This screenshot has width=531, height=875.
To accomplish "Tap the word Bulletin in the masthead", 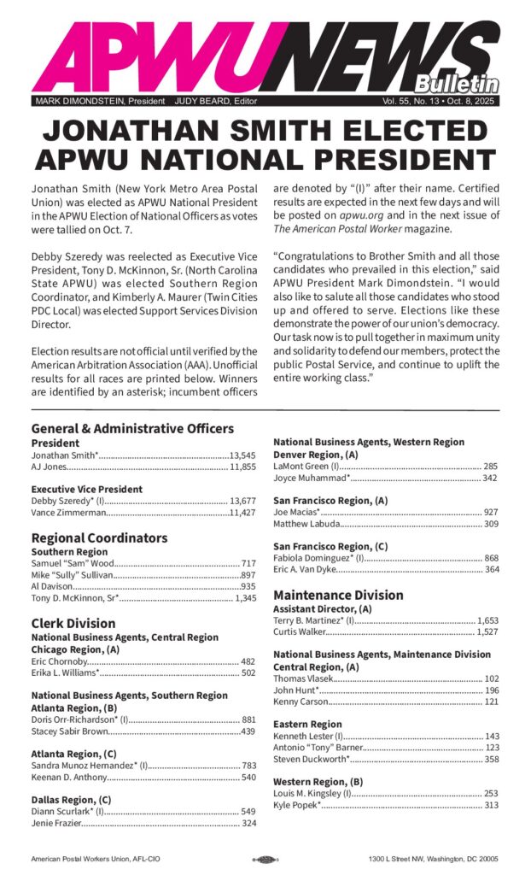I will pos(457,84).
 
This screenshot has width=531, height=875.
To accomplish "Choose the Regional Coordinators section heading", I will pos(99,538).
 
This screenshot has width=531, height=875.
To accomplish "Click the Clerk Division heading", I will pos(73,624).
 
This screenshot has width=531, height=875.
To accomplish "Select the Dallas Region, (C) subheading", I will pos(74,799).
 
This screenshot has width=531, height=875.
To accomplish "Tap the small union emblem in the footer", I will pos(265,860).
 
